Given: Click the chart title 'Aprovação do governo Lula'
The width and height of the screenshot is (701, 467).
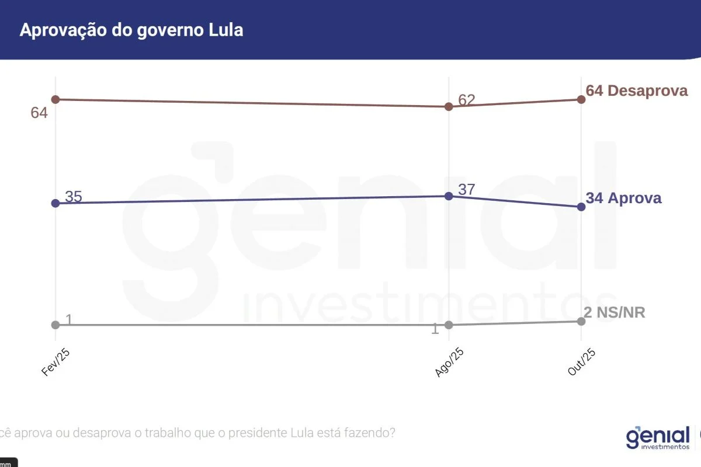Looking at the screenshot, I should [131, 30].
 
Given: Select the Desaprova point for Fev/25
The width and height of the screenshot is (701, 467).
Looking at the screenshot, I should [55, 99].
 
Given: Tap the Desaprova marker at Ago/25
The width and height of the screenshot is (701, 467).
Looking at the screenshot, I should [449, 106].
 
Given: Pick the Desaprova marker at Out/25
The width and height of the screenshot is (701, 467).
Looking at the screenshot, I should [581, 99].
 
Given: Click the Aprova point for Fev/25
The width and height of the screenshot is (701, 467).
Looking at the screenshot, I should [55, 203].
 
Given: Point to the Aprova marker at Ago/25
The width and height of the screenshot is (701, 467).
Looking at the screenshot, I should [449, 196].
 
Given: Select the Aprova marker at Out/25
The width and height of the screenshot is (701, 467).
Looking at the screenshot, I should [581, 207].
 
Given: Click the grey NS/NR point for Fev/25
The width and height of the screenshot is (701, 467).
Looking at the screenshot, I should [55, 325].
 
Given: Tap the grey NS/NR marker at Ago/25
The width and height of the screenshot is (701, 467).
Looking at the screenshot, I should [449, 325].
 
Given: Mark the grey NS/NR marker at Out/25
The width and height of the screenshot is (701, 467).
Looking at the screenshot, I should [581, 321].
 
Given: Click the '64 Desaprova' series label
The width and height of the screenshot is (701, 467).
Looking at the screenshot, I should [637, 91].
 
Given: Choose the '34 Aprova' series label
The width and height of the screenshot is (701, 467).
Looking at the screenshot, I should [624, 198].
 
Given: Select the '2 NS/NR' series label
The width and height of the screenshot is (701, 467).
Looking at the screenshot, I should [615, 313].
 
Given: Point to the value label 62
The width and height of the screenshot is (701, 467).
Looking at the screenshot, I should [467, 100].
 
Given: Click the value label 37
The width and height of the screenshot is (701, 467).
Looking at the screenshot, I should [467, 189].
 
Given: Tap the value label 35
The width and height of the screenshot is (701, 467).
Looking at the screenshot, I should [74, 197].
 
